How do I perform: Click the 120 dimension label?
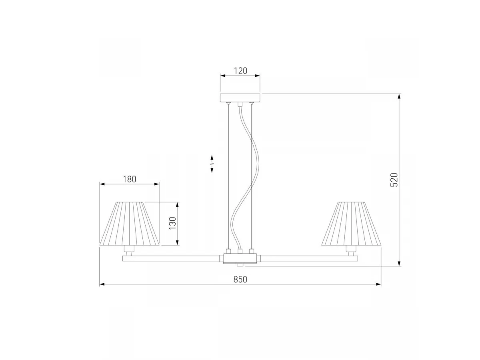tap(240, 71)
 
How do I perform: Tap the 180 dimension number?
tap(130, 179)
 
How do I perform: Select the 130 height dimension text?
tap(173, 223)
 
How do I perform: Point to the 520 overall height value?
tap(394, 180)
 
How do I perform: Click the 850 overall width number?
tap(240, 279)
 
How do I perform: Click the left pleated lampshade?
tap(129, 224)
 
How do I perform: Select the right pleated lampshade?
tap(352, 224)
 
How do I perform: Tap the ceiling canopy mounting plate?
tap(240, 98)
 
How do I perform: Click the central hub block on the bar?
tap(240, 258)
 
